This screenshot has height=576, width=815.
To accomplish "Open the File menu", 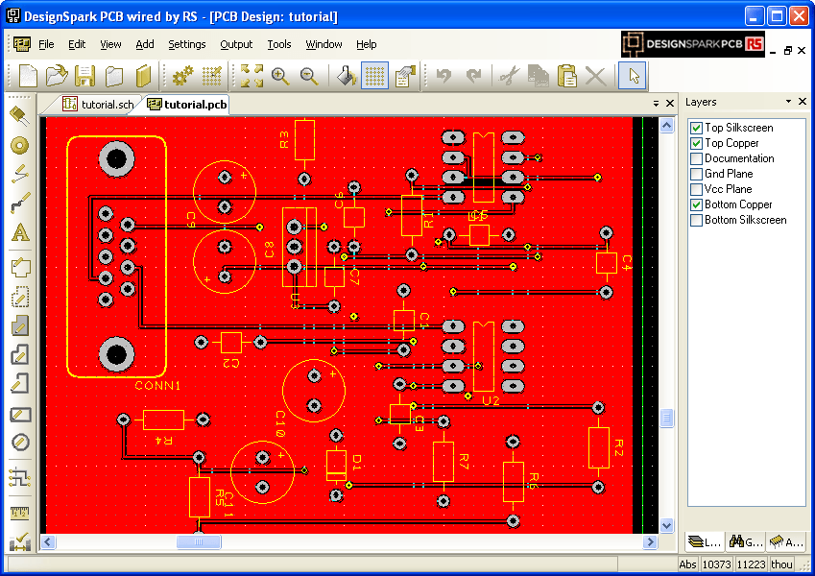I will pyautogui.click(x=46, y=44).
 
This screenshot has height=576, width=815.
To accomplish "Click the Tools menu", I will pyautogui.click(x=279, y=44).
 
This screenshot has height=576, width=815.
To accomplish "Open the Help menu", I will pyautogui.click(x=366, y=44).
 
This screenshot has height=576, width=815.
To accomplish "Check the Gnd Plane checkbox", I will pyautogui.click(x=697, y=174).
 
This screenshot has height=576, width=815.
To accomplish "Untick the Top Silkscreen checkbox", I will pyautogui.click(x=697, y=128).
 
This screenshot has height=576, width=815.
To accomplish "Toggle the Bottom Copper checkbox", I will pyautogui.click(x=697, y=204).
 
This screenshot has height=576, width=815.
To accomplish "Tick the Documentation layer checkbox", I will pyautogui.click(x=697, y=158).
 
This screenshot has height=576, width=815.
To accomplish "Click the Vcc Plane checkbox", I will pyautogui.click(x=697, y=189).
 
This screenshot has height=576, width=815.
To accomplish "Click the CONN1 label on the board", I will pyautogui.click(x=157, y=385).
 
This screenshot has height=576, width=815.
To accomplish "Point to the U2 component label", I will pyautogui.click(x=491, y=400).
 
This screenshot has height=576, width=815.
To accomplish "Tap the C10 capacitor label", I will pyautogui.click(x=281, y=423).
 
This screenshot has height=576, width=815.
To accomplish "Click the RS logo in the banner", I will pyautogui.click(x=755, y=44).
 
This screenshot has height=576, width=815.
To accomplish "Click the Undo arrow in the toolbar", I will pyautogui.click(x=443, y=76).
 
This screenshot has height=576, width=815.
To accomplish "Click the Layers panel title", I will pyautogui.click(x=701, y=102).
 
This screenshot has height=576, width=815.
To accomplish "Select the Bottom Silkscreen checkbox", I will pyautogui.click(x=697, y=220).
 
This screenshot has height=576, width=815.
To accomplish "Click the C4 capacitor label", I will pyautogui.click(x=627, y=262).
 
